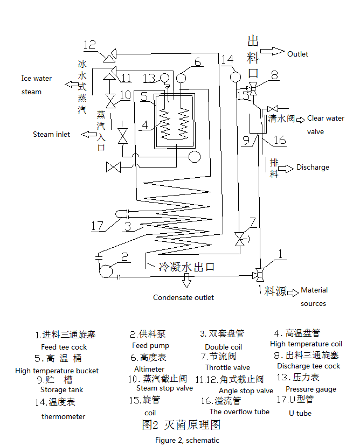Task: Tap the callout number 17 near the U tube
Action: [x=97, y=226]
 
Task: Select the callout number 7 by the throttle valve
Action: [x=253, y=222]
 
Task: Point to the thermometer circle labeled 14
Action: [x=235, y=76]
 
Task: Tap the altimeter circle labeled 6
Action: [x=181, y=78]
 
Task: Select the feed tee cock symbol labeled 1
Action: [x=259, y=275]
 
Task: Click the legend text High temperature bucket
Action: [x=57, y=371]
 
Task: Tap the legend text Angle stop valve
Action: [x=246, y=391]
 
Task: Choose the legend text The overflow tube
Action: [x=239, y=412]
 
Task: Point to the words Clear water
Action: [x=326, y=119]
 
